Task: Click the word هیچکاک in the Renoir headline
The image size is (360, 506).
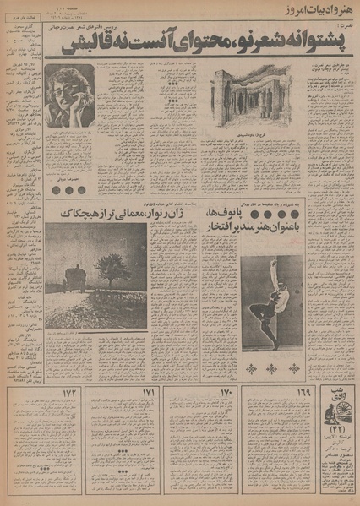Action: pyautogui.click(x=78, y=219)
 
